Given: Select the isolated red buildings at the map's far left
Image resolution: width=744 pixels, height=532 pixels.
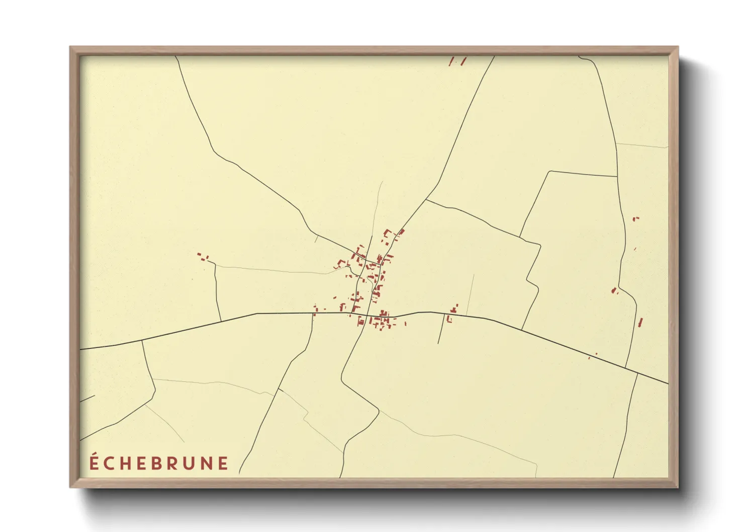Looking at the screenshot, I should point(203,257).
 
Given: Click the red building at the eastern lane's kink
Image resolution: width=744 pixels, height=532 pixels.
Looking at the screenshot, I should point(614,290).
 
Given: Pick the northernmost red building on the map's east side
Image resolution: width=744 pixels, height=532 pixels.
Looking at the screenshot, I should point(635,219).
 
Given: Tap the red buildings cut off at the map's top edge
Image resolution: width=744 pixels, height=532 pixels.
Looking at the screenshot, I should point(457,61).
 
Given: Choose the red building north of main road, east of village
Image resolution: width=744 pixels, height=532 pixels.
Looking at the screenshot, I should point(455,308).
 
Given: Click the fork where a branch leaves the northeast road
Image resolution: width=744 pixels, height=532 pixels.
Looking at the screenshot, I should point(426,200).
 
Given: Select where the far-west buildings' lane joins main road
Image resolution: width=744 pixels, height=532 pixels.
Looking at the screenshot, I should point(221,320).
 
